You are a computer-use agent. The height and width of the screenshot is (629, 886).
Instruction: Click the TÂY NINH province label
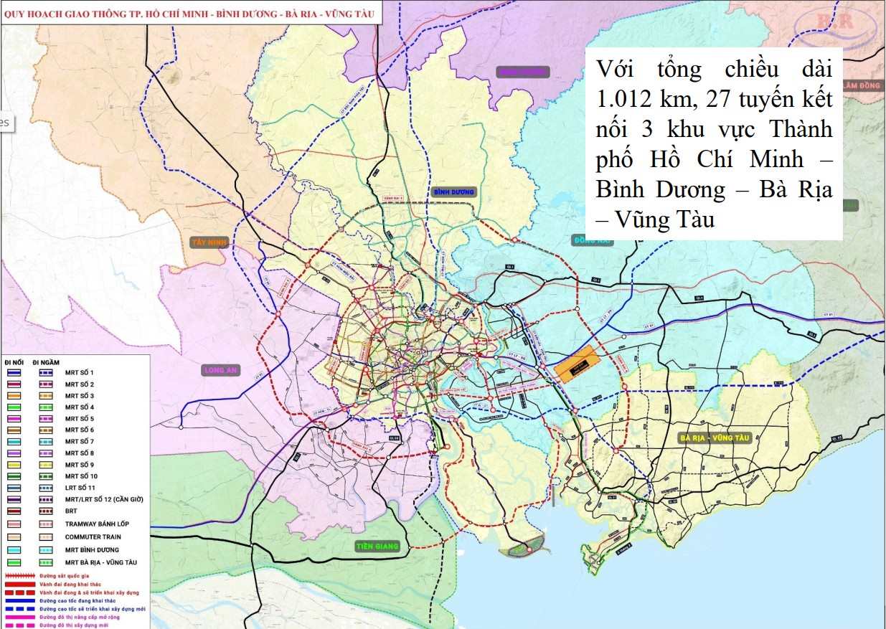[209, 242]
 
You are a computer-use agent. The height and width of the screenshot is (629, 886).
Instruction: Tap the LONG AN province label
[220, 370]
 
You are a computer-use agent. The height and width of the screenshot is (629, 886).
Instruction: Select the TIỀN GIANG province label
[377, 547]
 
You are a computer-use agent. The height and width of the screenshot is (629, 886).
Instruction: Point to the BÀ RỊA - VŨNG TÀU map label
[713, 438]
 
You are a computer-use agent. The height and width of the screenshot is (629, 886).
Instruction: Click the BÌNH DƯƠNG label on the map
[454, 192]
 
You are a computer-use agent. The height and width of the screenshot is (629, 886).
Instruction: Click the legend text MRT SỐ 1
[79, 373]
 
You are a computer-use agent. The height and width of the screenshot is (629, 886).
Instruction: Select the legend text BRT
[71, 511]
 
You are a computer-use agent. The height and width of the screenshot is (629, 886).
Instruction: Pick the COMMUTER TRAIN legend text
[93, 536]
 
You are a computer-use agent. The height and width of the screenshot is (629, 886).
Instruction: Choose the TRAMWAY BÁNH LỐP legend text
[97, 524]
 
